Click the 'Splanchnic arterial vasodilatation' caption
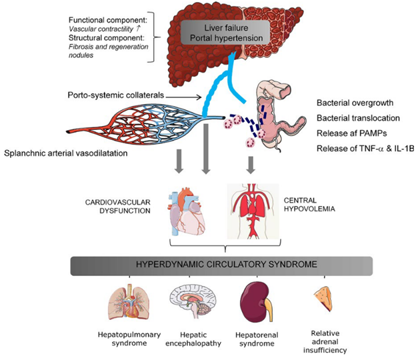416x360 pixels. [74, 154]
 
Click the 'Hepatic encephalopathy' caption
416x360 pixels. [192, 339]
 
